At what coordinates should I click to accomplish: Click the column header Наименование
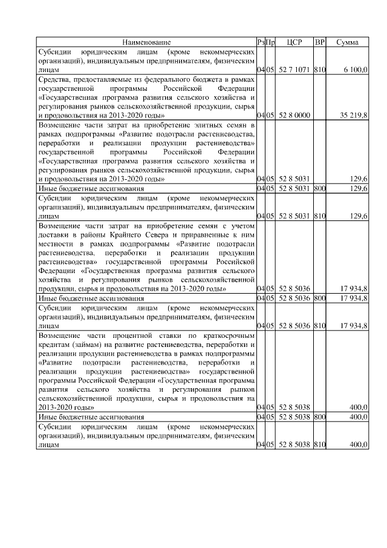tap(146, 42)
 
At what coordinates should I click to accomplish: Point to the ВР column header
tap(320, 42)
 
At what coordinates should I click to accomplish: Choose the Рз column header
tap(261, 42)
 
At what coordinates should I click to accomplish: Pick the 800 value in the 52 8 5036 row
tap(320, 298)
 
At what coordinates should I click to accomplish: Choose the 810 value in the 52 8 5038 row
tap(320, 445)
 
